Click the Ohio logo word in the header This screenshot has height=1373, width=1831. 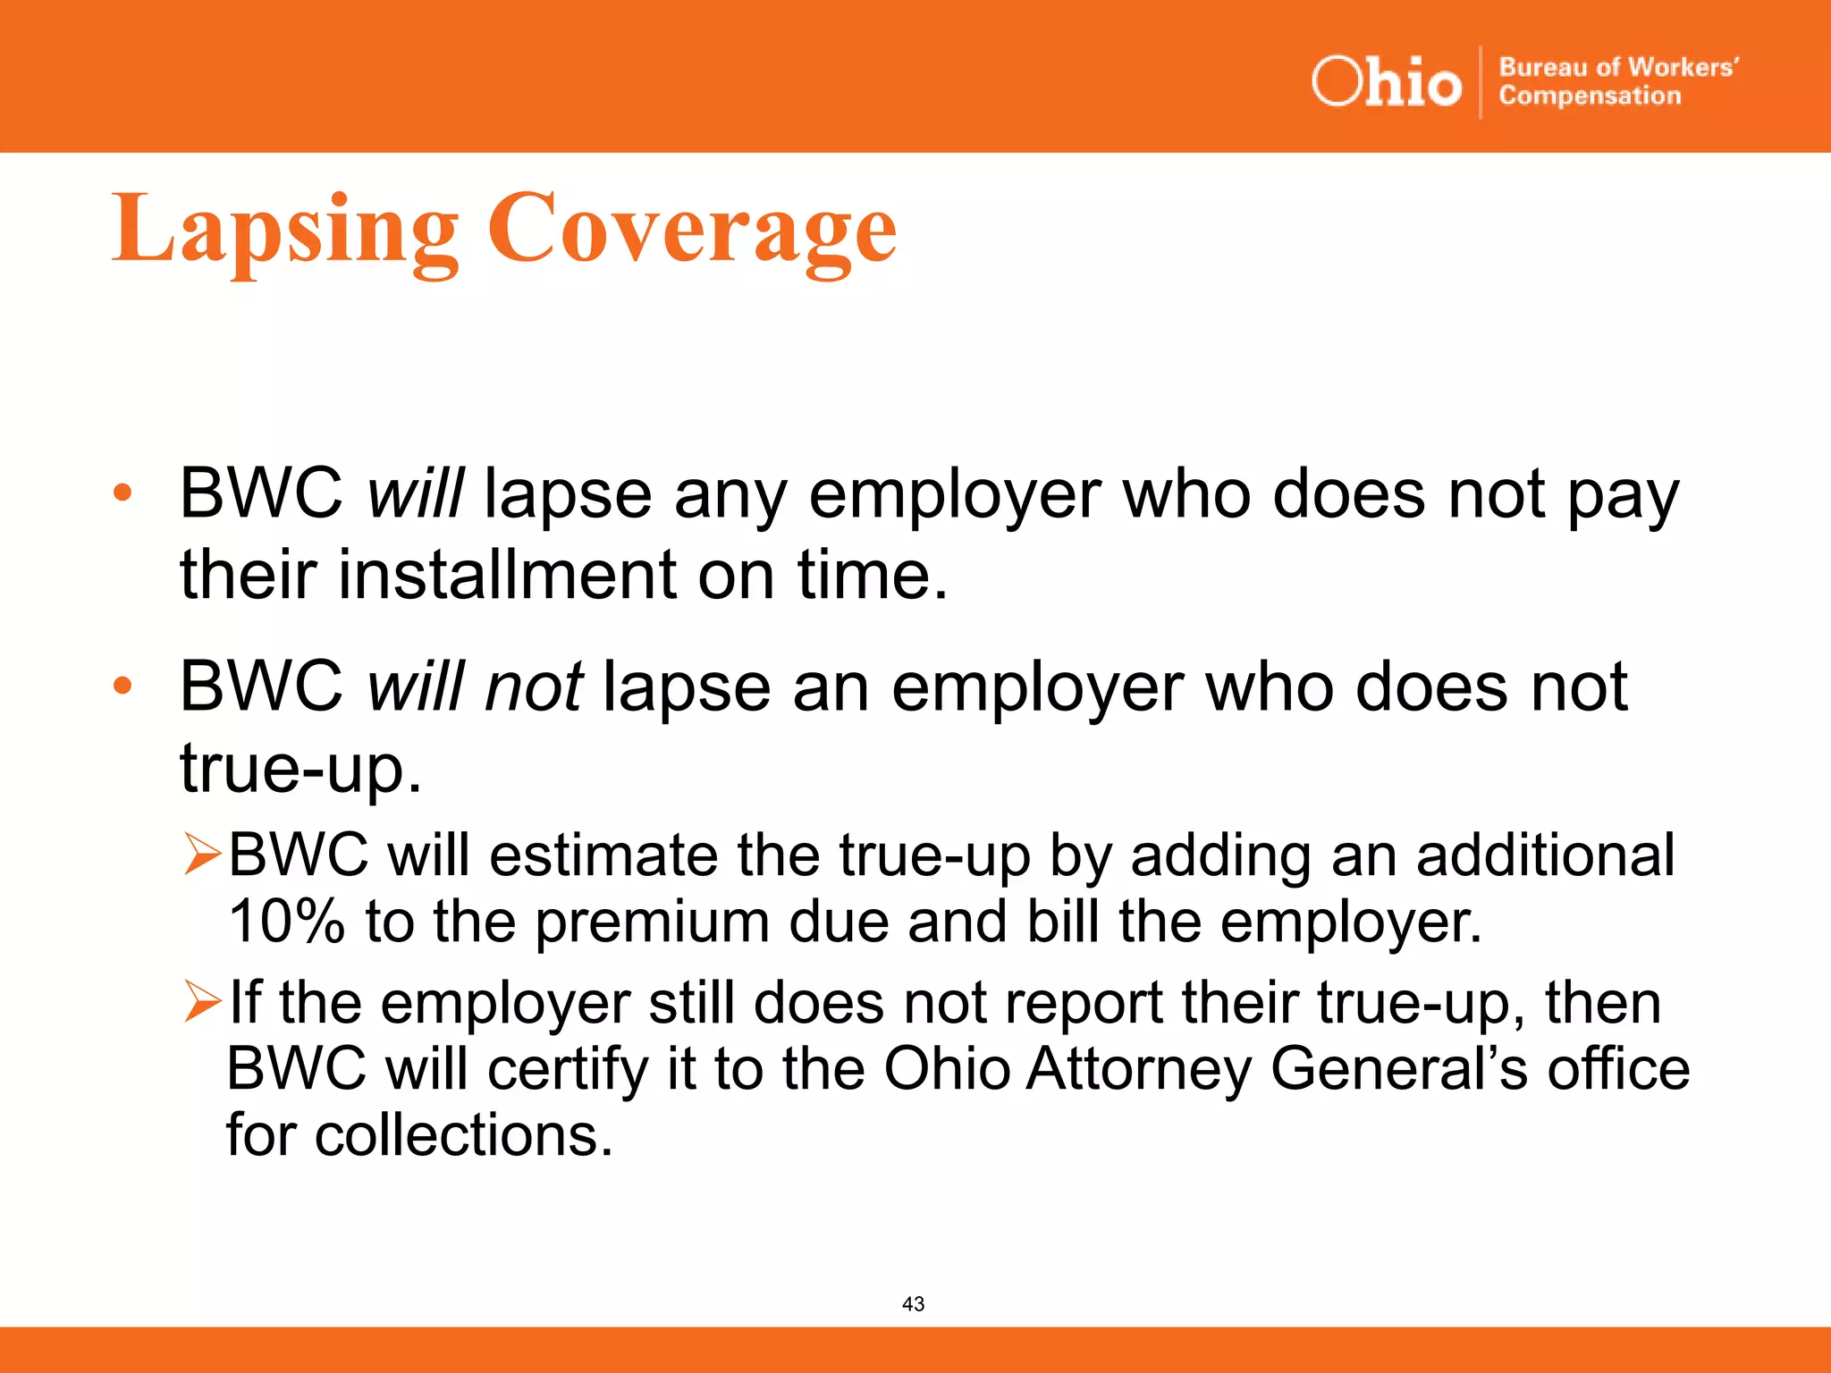1386,82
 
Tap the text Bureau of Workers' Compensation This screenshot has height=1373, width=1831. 1617,81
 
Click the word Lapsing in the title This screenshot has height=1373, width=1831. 285,230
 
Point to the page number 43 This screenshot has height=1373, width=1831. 913,1304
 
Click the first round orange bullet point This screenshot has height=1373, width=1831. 122,493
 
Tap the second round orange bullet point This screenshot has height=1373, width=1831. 122,686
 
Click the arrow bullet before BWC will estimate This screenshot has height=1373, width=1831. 202,854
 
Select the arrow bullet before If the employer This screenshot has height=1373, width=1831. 202,1001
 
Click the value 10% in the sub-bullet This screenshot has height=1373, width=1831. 286,921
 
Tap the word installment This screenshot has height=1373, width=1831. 507,574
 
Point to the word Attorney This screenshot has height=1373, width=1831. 1138,1069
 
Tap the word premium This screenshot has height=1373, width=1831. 652,922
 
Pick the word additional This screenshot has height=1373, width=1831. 1545,855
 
